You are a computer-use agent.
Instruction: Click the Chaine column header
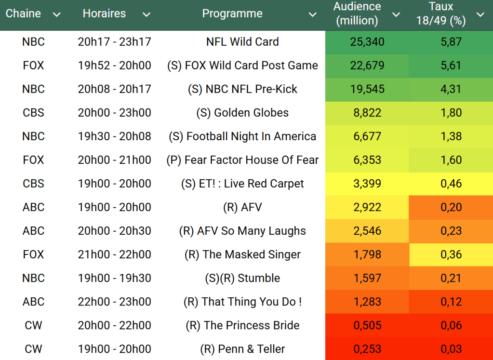pyautogui.click(x=23, y=13)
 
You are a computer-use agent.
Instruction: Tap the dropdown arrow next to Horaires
pyautogui.click(x=147, y=14)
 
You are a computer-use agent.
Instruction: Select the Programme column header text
pyautogui.click(x=232, y=13)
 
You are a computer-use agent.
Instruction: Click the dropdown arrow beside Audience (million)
pyautogui.click(x=396, y=14)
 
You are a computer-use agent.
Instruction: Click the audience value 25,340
pyautogui.click(x=367, y=42)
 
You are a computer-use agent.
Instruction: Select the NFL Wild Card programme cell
pyautogui.click(x=242, y=42)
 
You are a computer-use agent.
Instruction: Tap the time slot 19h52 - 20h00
pyautogui.click(x=114, y=66)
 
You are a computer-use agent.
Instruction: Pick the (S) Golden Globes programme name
pyautogui.click(x=242, y=113)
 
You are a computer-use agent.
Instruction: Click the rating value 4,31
pyautogui.click(x=451, y=89)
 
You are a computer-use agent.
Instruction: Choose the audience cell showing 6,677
pyautogui.click(x=367, y=136)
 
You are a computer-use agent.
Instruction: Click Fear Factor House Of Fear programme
pyautogui.click(x=242, y=160)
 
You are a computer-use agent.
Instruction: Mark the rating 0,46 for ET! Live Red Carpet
pyautogui.click(x=451, y=184)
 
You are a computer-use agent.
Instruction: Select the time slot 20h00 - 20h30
pyautogui.click(x=114, y=231)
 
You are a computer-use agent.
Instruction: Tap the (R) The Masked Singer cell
pyautogui.click(x=242, y=254)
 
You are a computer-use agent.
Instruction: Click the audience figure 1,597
pyautogui.click(x=367, y=278)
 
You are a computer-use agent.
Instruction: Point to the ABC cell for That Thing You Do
pyautogui.click(x=33, y=302)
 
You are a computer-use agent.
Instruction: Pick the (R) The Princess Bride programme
pyautogui.click(x=242, y=325)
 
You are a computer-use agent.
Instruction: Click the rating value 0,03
pyautogui.click(x=451, y=349)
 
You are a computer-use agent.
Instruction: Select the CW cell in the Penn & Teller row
pyautogui.click(x=33, y=349)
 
